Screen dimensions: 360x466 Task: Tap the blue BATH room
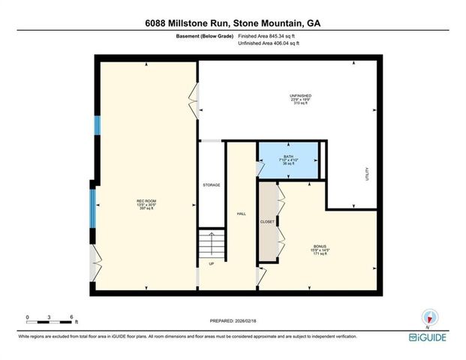point(289,160)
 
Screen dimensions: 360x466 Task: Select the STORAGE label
point(211,184)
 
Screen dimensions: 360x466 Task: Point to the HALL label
point(242,214)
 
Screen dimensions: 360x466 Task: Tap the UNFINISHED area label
point(300,96)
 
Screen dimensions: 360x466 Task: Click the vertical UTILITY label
point(367,174)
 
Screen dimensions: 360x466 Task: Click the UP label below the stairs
point(211,264)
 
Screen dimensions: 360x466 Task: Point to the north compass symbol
point(430,317)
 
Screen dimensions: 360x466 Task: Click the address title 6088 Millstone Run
point(233,22)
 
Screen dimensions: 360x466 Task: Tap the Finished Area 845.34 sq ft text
point(268,35)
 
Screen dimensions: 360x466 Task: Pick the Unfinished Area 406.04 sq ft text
point(268,43)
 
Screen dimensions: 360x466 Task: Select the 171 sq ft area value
point(320,255)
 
